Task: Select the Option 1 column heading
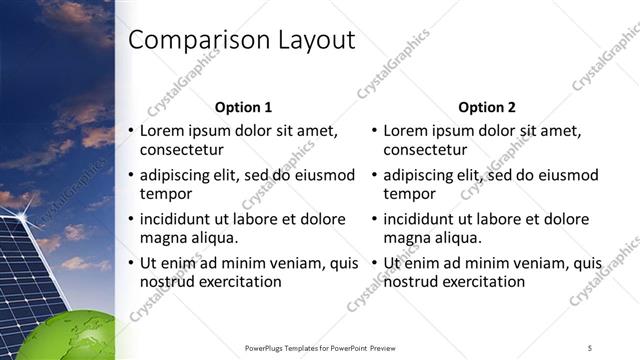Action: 244,107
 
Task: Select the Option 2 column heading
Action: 486,107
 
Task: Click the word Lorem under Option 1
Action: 162,131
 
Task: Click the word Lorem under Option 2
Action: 405,131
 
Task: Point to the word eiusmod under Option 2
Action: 567,175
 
